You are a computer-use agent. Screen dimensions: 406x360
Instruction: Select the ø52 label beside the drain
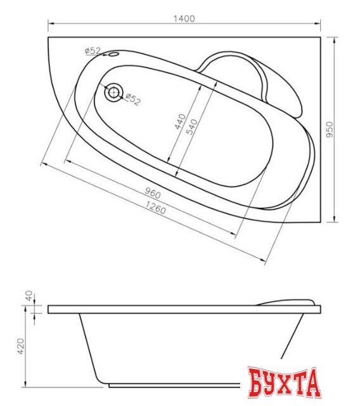pos(132,99)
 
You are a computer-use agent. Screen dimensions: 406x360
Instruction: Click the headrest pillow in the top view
pos(244,75)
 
